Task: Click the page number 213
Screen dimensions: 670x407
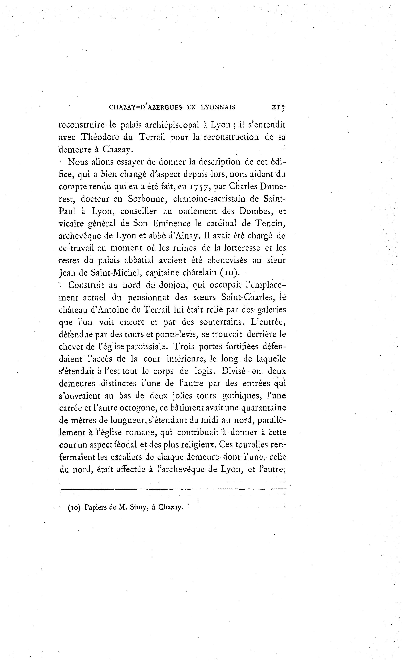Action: click(278, 107)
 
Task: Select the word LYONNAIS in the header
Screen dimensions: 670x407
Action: click(218, 107)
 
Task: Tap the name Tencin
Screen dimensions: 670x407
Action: click(270, 224)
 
